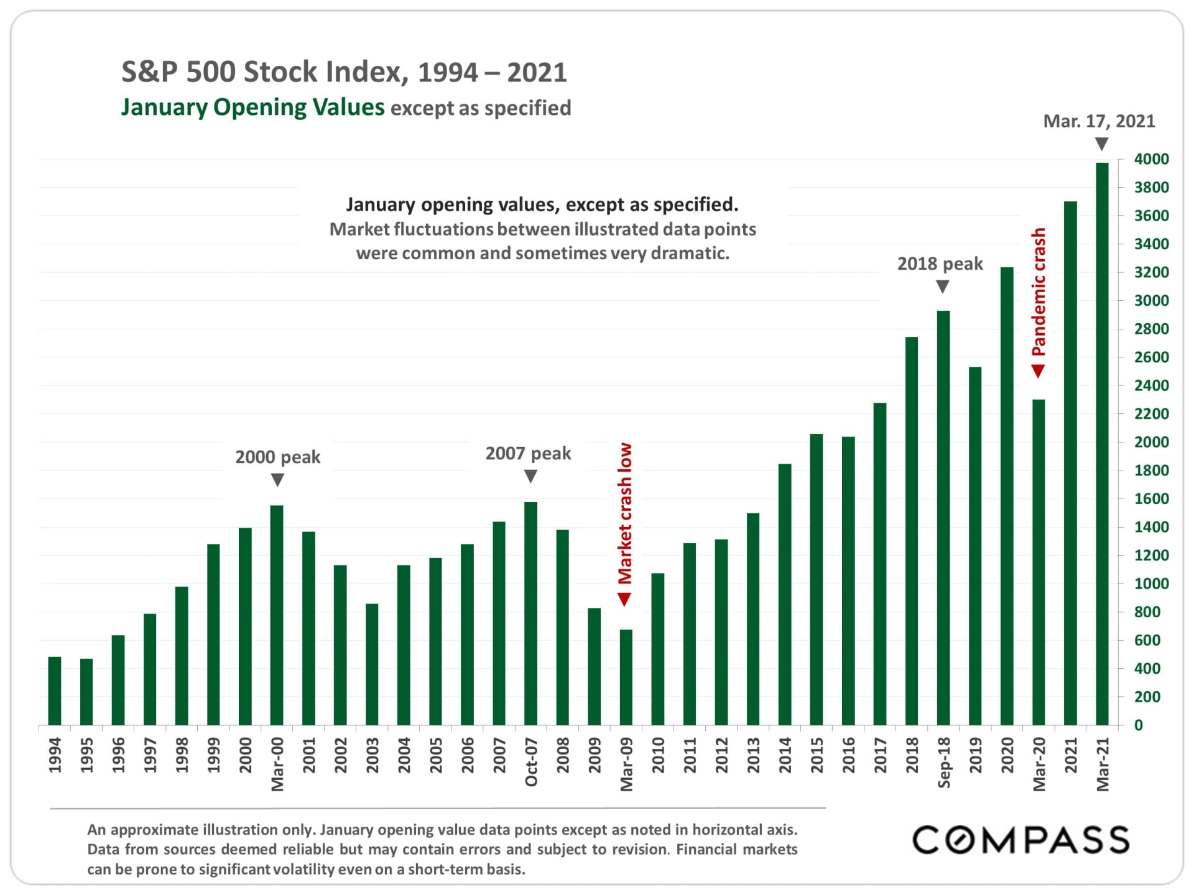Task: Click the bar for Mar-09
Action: tap(626, 677)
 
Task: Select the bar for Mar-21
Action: tap(1102, 444)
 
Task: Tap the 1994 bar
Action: tap(55, 691)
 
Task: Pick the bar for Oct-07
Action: tap(530, 613)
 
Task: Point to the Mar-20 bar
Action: tap(1039, 562)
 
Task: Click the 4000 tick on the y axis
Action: tap(1151, 159)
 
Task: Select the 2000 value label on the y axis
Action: tap(1151, 442)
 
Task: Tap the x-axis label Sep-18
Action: tap(943, 762)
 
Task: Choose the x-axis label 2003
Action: tap(372, 755)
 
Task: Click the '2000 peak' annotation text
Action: tap(277, 457)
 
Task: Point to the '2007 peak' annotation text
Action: tap(528, 453)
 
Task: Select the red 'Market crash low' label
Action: tap(625, 513)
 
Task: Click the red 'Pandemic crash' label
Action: tap(1039, 291)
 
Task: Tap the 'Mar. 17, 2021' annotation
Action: tap(1099, 121)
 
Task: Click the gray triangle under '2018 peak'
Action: tap(943, 287)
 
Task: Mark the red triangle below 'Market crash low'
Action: tap(624, 599)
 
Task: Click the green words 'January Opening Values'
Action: tap(252, 108)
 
